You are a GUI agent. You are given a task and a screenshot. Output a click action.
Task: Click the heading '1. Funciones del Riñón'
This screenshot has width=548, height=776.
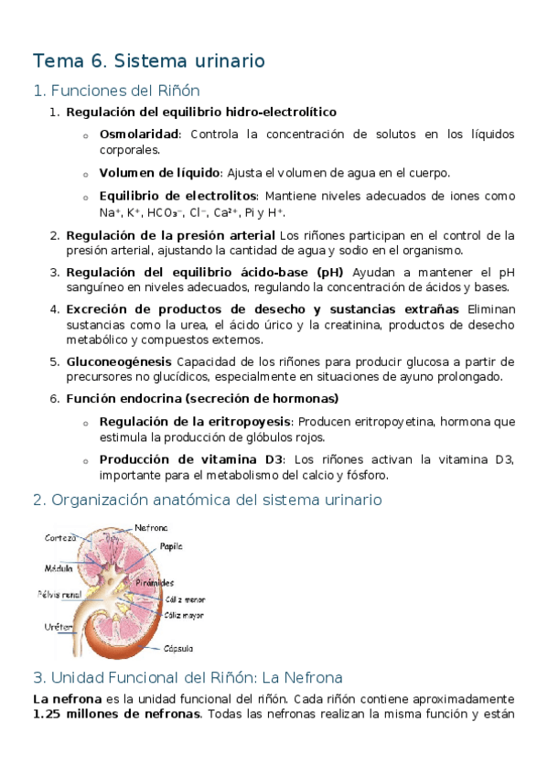(115, 91)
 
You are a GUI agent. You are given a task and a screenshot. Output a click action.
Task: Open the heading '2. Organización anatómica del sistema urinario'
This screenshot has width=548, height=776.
(207, 501)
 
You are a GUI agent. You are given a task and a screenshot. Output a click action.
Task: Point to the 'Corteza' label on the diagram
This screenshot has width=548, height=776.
(60, 538)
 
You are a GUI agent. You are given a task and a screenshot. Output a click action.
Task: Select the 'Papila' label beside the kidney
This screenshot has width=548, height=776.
(172, 546)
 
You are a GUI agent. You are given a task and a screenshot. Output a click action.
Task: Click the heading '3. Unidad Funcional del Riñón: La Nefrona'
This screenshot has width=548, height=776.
(188, 678)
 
